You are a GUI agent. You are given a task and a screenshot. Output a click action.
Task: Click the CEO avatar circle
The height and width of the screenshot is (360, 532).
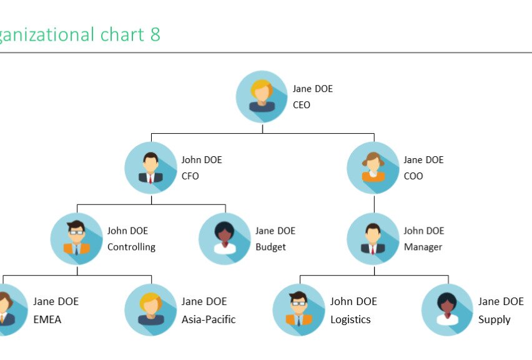pyautogui.click(x=262, y=97)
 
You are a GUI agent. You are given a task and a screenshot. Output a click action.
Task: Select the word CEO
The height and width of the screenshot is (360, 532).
pyautogui.click(x=302, y=105)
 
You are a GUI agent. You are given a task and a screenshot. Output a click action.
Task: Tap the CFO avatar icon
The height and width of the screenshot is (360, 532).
pyautogui.click(x=150, y=167)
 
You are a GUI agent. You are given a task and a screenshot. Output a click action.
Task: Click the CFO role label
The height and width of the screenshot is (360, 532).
pyautogui.click(x=190, y=176)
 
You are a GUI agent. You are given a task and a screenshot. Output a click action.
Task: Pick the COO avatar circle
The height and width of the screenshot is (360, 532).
pyautogui.click(x=373, y=167)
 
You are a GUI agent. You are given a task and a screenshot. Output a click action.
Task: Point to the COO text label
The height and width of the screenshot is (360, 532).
pyautogui.click(x=413, y=176)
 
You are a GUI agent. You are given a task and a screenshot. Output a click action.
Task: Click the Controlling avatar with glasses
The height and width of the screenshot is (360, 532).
pyautogui.click(x=77, y=239)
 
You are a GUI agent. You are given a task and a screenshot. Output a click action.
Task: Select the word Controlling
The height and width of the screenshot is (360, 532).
pyautogui.click(x=131, y=247)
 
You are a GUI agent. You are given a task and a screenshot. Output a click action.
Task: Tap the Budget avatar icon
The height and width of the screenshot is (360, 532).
pyautogui.click(x=225, y=239)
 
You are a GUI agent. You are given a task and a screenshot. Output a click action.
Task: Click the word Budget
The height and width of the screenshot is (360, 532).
pyautogui.click(x=270, y=247)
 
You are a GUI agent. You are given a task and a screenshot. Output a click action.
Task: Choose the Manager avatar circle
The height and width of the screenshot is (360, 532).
pyautogui.click(x=373, y=239)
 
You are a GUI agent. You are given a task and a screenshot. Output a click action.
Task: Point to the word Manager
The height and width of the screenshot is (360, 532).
pyautogui.click(x=423, y=247)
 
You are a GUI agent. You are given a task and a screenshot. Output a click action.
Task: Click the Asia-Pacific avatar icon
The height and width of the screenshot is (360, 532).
pyautogui.click(x=150, y=310)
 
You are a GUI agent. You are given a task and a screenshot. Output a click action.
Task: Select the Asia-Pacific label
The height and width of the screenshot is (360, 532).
pyautogui.click(x=209, y=319)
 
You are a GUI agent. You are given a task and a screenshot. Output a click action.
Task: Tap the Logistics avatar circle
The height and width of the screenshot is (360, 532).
pyautogui.click(x=299, y=310)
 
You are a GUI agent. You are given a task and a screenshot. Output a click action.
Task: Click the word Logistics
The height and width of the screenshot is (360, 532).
pyautogui.click(x=350, y=319)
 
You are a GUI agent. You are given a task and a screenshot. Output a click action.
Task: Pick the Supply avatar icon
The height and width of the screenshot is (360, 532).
pyautogui.click(x=447, y=310)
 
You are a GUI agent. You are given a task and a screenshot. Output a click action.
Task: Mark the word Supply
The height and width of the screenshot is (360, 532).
pyautogui.click(x=495, y=319)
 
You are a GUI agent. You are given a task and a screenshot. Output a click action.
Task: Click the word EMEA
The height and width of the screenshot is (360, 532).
pyautogui.click(x=47, y=319)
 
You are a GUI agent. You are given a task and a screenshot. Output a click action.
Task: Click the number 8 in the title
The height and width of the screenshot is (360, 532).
pyautogui.click(x=155, y=34)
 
